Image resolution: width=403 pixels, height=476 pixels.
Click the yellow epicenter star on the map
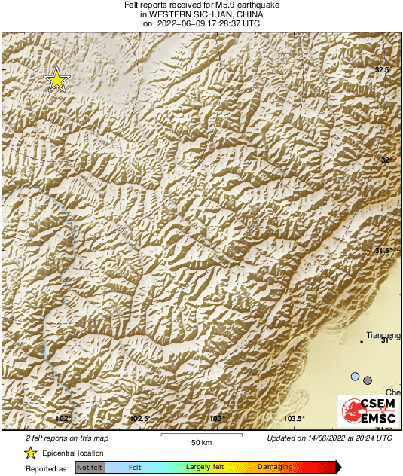tap(56, 80)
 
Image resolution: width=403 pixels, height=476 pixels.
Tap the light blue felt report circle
tap(355, 376)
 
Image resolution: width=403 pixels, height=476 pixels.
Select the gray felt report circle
tap(368, 380)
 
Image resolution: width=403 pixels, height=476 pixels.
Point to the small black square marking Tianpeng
tap(362, 342)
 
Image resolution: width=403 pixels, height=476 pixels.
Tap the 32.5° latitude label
tap(383, 70)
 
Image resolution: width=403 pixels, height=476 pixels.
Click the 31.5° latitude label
tap(383, 251)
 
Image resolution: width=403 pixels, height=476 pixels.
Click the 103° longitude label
tap(218, 419)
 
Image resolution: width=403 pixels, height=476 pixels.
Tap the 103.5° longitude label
tap(293, 419)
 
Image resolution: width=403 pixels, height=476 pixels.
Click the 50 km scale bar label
tap(200, 442)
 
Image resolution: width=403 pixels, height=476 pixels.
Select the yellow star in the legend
tap(31, 453)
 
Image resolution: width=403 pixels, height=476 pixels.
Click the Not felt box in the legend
tap(90, 468)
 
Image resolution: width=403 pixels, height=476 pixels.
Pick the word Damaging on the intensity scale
tap(276, 468)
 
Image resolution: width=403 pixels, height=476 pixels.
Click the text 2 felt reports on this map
tap(66, 438)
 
